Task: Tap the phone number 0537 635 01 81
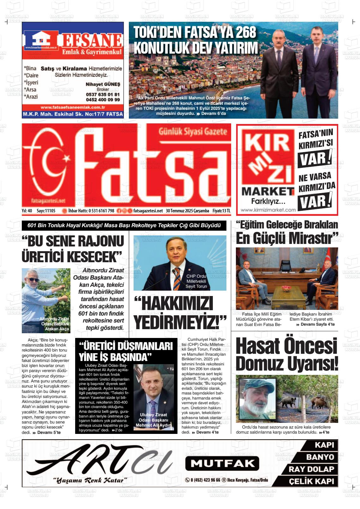point(103,94)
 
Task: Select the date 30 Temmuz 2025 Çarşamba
point(188,211)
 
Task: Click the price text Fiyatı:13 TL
point(221,211)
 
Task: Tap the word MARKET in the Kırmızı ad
point(268,191)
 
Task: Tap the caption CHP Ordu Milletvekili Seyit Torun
point(196,281)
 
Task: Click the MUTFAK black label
point(222,463)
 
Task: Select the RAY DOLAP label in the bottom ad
point(311,469)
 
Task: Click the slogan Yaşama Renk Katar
point(90,480)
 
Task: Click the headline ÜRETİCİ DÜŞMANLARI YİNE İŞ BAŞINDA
point(126,351)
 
